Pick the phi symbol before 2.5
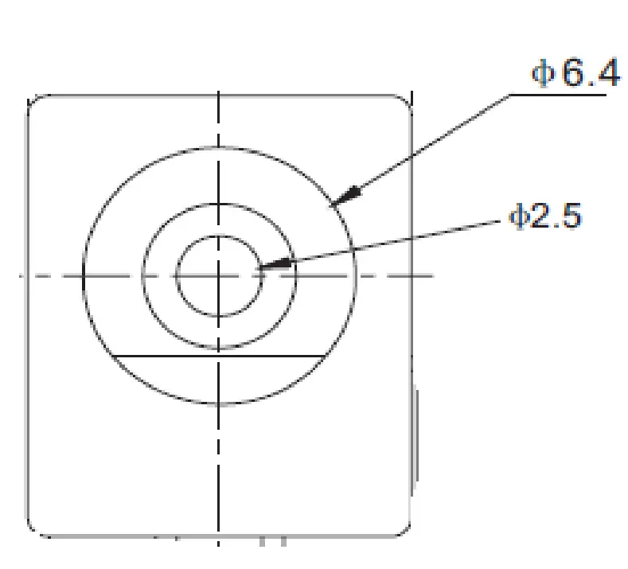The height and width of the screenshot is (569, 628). coord(518,217)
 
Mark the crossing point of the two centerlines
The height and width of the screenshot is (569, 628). coord(219,275)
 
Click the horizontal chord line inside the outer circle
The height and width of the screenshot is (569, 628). coord(219,356)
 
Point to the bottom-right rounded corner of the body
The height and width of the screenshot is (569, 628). coord(405,529)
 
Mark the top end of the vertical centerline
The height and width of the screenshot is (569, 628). coord(219,92)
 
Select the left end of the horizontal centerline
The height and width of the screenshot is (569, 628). coord(21,275)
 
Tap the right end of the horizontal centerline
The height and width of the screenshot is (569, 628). coord(432,275)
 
